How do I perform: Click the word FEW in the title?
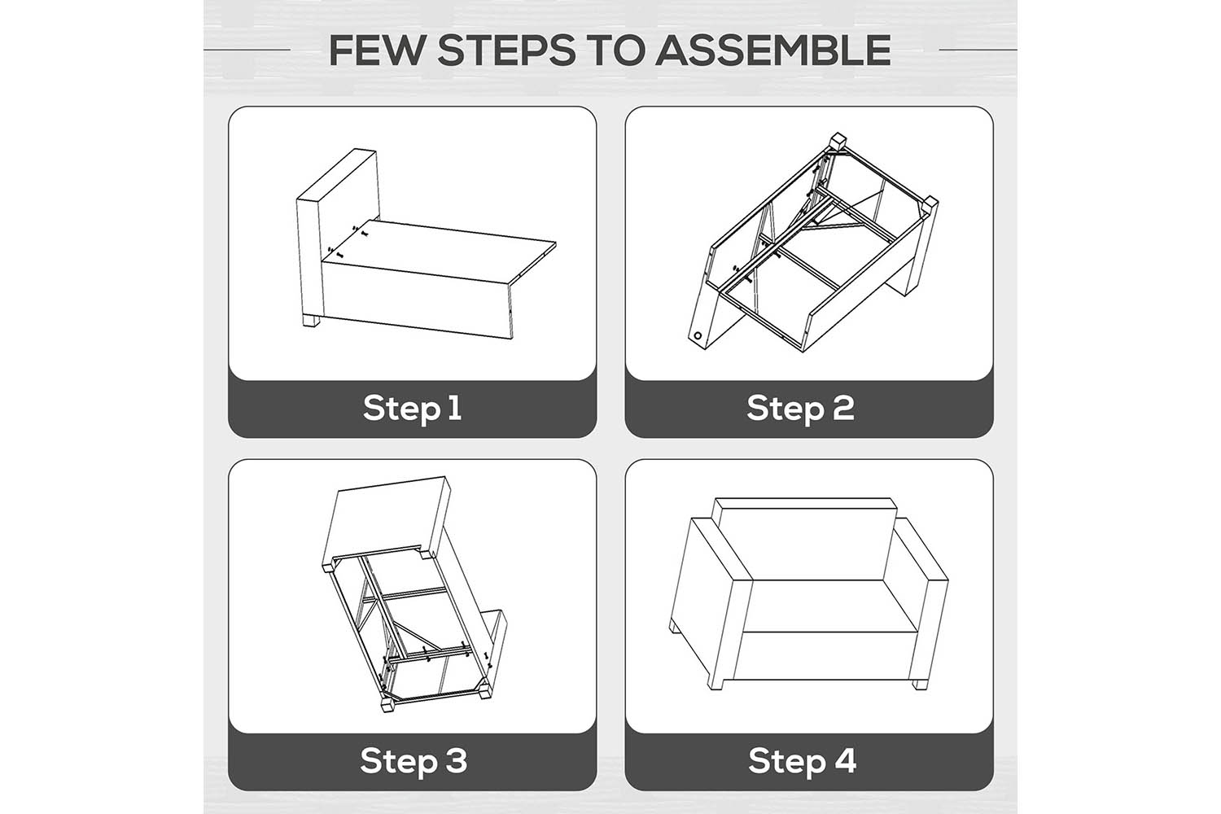coord(376,50)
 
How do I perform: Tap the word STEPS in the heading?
coord(507,50)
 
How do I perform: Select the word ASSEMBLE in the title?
coord(773,50)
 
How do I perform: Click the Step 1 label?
coord(413,409)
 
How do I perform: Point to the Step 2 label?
coord(801,409)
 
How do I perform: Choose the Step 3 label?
coord(414,760)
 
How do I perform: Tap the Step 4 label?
coord(803,760)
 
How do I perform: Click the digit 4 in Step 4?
coord(844,760)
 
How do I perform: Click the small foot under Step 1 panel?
coord(311,321)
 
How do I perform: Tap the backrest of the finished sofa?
coord(804,539)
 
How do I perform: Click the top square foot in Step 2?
coord(838,140)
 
